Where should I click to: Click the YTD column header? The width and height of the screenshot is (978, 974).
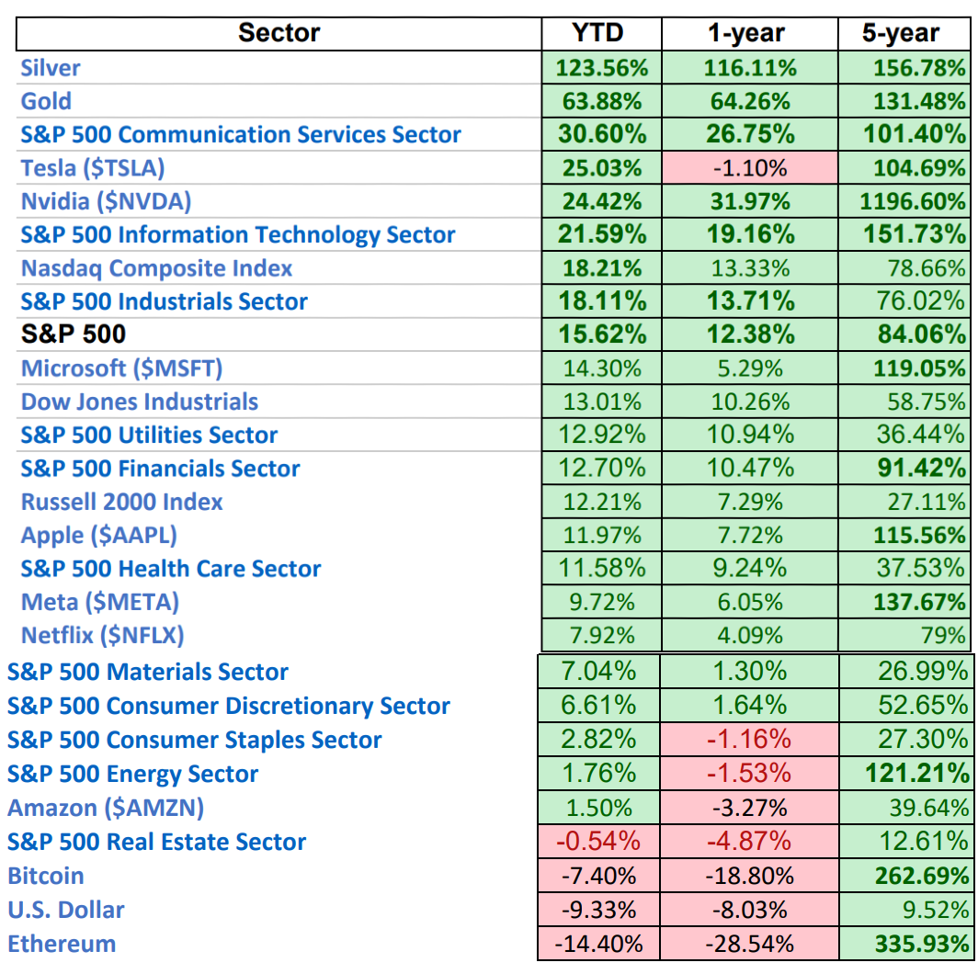[598, 34]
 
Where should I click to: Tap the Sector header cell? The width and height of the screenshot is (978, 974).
[279, 34]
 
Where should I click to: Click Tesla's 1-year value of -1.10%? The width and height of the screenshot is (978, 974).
[748, 168]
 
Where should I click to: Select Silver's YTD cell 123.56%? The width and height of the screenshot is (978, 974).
[602, 68]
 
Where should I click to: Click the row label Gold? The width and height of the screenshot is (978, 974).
[46, 101]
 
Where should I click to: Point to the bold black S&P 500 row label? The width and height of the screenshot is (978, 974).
[74, 334]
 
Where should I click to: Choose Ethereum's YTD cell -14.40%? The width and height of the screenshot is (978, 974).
[598, 944]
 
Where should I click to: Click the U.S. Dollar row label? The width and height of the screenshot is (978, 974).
[65, 910]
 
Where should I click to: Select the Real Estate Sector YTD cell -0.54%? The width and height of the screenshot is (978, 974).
[598, 842]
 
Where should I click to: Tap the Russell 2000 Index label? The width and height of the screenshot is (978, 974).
[122, 502]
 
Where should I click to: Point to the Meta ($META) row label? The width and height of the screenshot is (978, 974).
[100, 602]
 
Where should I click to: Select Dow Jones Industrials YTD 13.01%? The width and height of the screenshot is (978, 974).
[602, 402]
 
